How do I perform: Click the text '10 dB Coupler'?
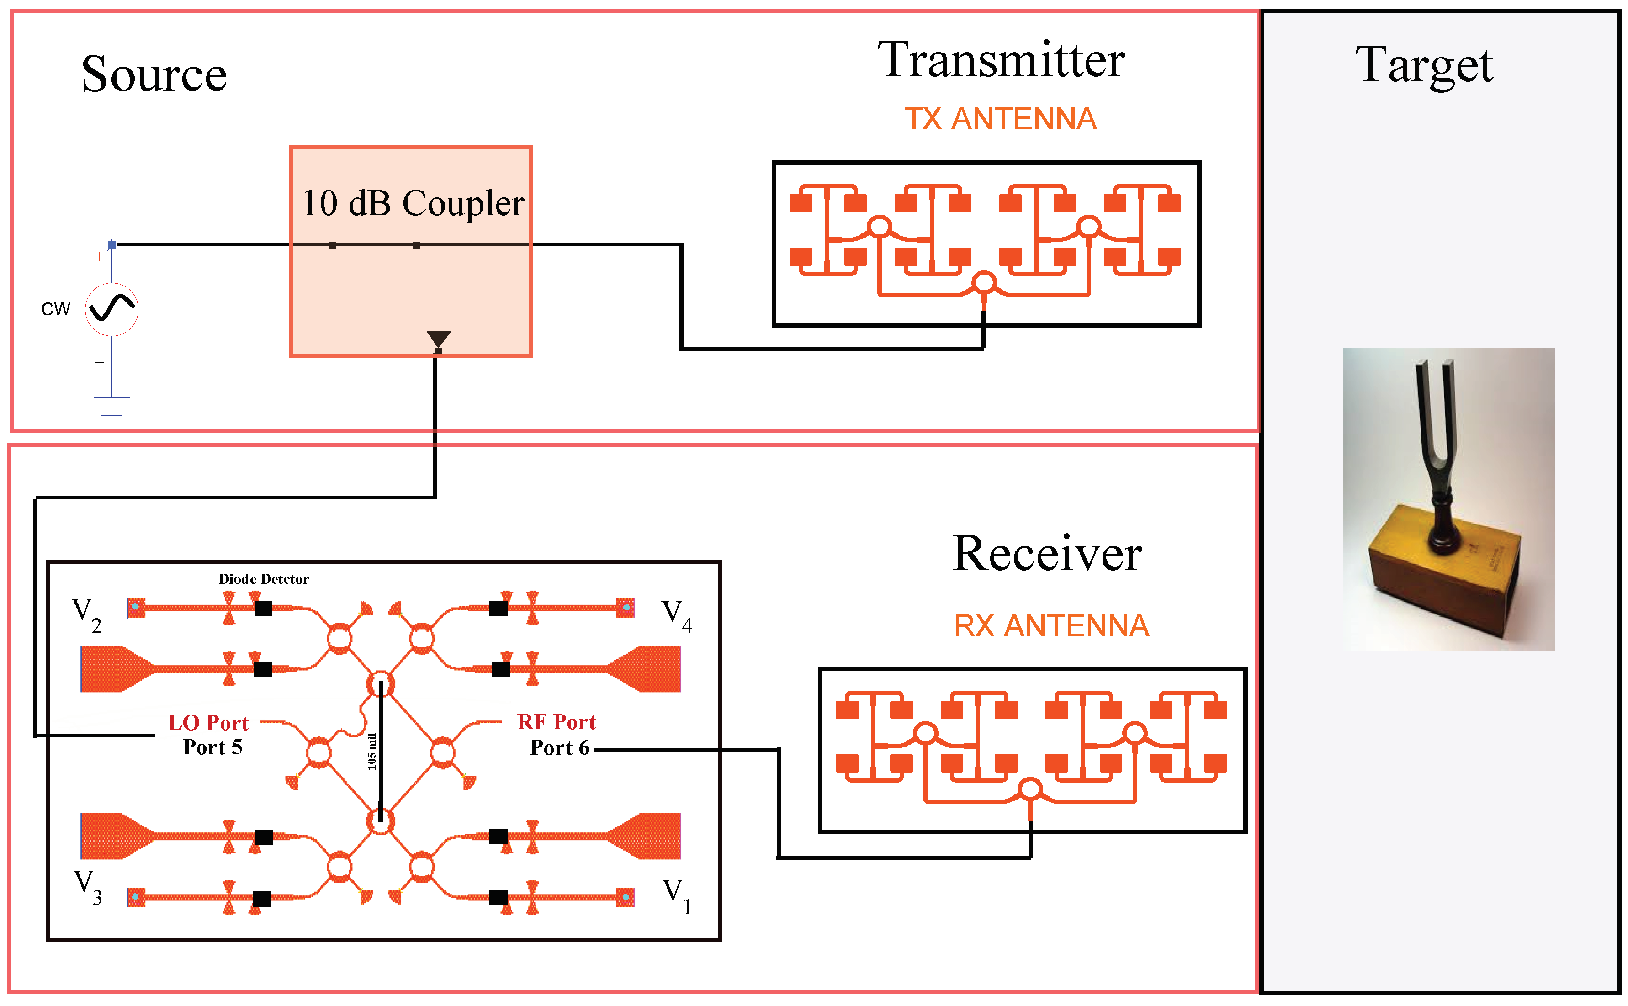413,203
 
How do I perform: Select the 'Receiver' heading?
1046,554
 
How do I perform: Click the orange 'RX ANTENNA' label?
1051,625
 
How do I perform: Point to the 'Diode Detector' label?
264,579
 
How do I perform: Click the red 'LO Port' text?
207,723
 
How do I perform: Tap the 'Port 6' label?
559,748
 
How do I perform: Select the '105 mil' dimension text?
371,752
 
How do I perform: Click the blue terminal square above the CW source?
112,245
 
